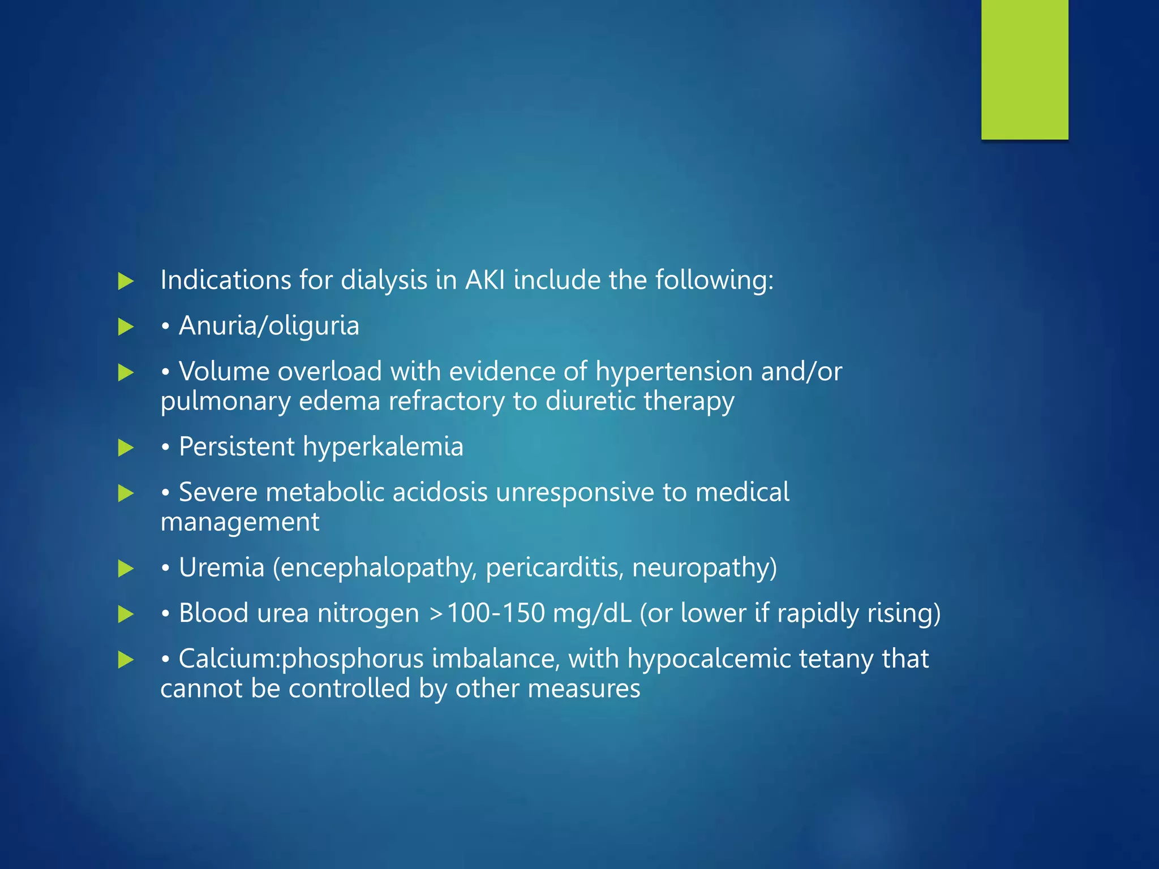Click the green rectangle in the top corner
point(1024,69)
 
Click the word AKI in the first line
point(484,280)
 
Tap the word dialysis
point(384,280)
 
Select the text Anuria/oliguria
point(269,326)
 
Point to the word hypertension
point(673,372)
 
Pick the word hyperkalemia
point(383,447)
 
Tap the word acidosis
point(440,492)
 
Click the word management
point(240,522)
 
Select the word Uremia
point(221,567)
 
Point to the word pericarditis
point(554,567)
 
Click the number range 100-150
point(495,613)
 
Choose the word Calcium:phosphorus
point(301,659)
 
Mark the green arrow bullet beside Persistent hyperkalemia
point(126,448)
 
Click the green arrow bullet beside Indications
point(126,281)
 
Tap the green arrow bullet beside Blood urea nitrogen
point(126,614)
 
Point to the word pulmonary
point(225,401)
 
